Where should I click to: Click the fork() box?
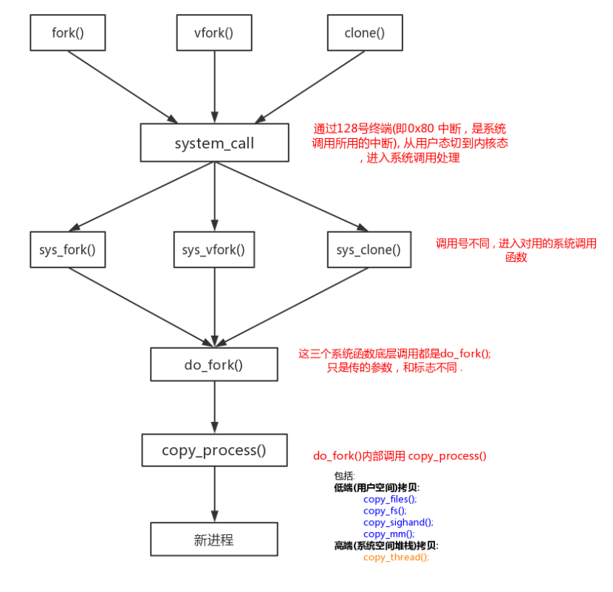68,33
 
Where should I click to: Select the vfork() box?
214,33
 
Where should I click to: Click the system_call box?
214,143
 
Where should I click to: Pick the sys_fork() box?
67,250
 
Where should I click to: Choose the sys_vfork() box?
213,250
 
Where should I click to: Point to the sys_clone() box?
369,250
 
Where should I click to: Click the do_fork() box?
214,364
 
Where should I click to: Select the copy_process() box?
214,450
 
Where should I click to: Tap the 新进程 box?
214,540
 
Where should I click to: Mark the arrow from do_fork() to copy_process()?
214,407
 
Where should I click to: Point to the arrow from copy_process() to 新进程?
214,494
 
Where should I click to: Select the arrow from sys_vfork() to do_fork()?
214,307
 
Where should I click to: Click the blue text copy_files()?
390,500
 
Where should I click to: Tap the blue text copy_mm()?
388,534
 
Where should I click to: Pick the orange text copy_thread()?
396,557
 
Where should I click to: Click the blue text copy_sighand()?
398,522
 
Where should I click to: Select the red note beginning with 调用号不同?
516,251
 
